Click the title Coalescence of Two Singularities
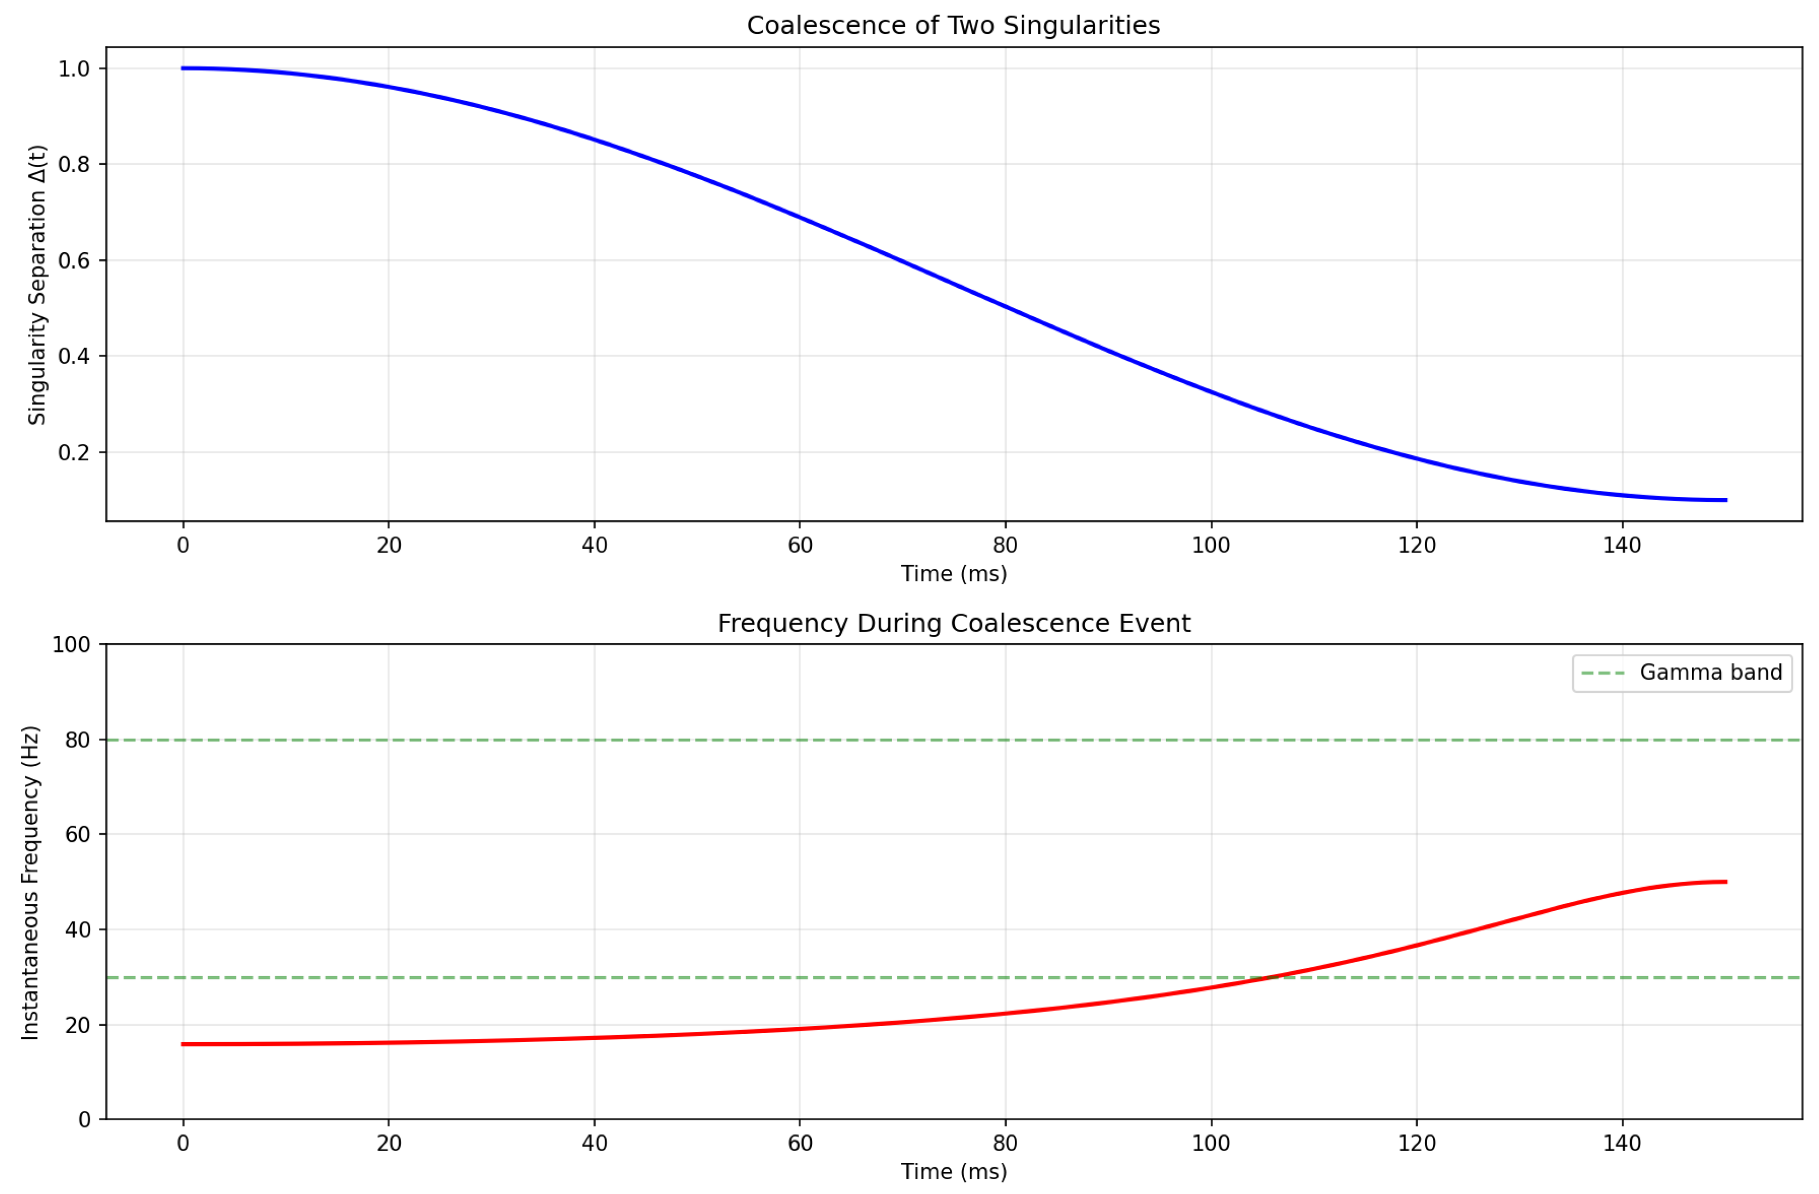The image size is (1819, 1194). pos(953,25)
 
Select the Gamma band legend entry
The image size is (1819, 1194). pos(1681,673)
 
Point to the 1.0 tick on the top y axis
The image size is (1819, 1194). pos(74,69)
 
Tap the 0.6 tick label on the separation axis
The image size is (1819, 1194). pos(74,260)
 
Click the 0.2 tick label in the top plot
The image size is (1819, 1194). pos(74,453)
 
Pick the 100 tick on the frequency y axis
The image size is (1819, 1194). pos(70,644)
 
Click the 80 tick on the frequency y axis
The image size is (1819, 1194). pos(77,740)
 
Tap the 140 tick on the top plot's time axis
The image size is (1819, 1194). pos(1622,545)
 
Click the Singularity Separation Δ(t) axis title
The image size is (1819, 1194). pos(37,284)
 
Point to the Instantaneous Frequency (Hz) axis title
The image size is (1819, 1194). pos(31,882)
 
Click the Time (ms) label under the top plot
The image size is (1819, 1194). pos(953,573)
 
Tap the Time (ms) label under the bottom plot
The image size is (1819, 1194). pos(953,1171)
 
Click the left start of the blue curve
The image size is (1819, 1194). pos(183,69)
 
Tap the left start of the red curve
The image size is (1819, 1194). pos(183,1044)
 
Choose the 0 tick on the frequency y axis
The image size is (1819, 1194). pos(84,1120)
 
